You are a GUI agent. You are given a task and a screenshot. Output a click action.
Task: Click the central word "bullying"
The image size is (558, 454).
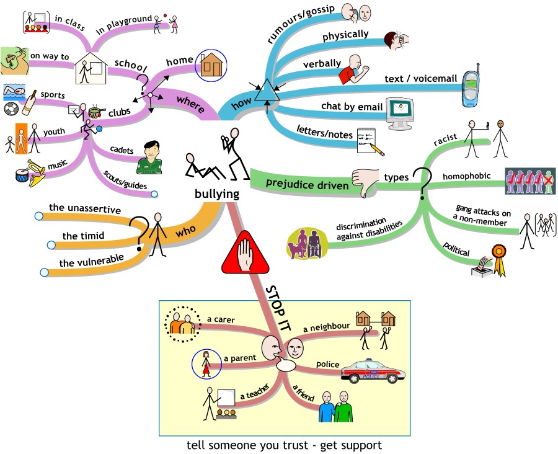(x=216, y=194)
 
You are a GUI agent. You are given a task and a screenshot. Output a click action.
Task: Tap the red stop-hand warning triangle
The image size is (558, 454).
(x=246, y=254)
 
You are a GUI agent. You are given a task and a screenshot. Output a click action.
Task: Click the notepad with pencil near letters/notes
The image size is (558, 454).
(x=370, y=140)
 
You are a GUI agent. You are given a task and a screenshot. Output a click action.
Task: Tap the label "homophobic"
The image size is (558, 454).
(x=466, y=176)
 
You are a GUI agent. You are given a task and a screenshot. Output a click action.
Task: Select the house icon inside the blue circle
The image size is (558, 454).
(x=211, y=64)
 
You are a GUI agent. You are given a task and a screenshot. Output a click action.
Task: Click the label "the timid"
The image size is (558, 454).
(x=83, y=236)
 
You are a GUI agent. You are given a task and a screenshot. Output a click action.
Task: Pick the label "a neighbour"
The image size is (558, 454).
(x=327, y=326)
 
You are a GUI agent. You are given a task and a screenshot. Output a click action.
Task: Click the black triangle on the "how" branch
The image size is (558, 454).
(x=268, y=91)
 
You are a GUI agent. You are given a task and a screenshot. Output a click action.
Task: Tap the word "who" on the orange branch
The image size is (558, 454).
(x=185, y=229)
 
